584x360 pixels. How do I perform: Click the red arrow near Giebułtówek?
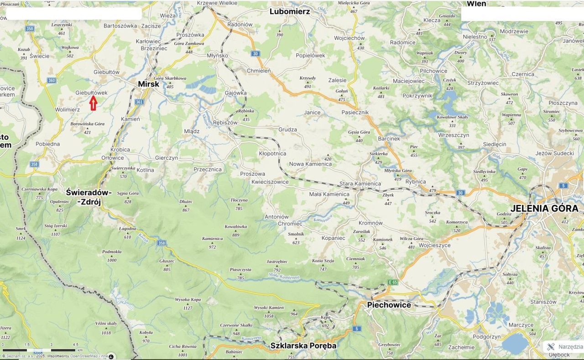(93, 104)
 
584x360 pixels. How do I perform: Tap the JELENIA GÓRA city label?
(544, 208)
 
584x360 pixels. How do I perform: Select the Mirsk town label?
(149, 84)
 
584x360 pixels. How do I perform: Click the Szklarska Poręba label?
(303, 345)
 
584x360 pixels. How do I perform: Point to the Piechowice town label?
(389, 305)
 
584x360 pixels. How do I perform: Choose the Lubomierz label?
(290, 11)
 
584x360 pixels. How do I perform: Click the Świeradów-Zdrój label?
(89, 197)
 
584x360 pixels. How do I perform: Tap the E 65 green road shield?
(393, 282)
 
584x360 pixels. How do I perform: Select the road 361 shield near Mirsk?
(139, 102)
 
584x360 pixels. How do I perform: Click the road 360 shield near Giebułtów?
(51, 80)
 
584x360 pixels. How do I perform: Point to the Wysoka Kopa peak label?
(188, 300)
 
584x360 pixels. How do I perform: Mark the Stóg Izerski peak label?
(55, 226)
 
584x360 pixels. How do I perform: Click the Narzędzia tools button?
(565, 347)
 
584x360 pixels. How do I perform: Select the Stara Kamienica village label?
(360, 183)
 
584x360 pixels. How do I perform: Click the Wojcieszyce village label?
(434, 245)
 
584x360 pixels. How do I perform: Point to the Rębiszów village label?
(225, 122)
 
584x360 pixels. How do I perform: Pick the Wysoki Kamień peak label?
(269, 308)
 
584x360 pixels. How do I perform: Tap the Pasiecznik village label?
(355, 112)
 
